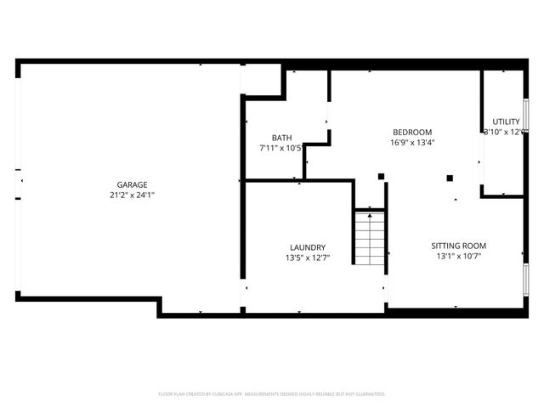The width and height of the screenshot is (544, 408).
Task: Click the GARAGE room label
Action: tap(132, 184)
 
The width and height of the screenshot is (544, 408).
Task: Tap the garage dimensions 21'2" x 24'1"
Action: tap(132, 195)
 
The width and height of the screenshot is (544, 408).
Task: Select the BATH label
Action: tap(281, 138)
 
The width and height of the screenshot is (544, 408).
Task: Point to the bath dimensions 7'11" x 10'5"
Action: tap(281, 148)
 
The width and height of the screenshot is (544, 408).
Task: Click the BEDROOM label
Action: tap(412, 132)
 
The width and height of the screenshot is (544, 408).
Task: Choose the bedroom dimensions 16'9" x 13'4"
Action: tap(412, 143)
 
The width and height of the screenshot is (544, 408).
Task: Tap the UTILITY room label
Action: tap(506, 122)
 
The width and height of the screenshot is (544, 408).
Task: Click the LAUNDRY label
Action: tap(307, 247)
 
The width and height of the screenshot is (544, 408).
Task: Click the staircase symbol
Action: tap(370, 237)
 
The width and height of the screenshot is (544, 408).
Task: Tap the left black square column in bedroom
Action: tap(381, 177)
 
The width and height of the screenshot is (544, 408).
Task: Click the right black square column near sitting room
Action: tap(450, 178)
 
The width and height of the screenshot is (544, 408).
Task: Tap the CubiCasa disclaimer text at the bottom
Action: tap(272, 394)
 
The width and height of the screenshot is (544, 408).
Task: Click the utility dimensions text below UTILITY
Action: tap(503, 132)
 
